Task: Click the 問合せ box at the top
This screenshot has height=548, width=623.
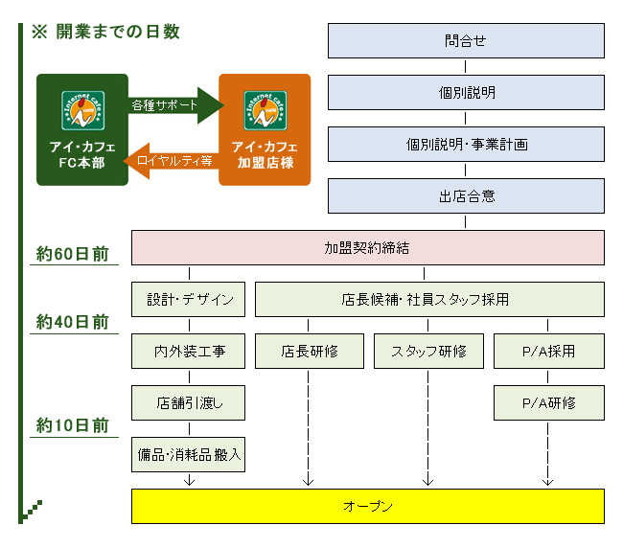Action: coord(466,41)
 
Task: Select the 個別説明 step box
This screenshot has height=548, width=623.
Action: coord(466,93)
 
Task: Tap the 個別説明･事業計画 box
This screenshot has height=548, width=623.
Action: coord(466,145)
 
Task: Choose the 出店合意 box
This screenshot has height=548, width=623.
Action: coord(466,196)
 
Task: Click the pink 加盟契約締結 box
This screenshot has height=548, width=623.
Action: coord(367,247)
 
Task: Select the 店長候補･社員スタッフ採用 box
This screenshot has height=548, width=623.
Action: coord(429,299)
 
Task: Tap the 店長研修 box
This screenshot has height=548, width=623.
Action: coord(310,351)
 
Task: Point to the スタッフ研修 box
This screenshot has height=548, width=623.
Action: coord(428,351)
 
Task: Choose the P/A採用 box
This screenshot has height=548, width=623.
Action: coord(549,351)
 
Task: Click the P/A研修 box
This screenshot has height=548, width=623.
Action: coord(549,402)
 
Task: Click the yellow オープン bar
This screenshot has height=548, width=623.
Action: coord(367,506)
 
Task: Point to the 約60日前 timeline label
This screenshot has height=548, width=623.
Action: coord(71,254)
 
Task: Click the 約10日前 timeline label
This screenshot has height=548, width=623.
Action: coord(71,424)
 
